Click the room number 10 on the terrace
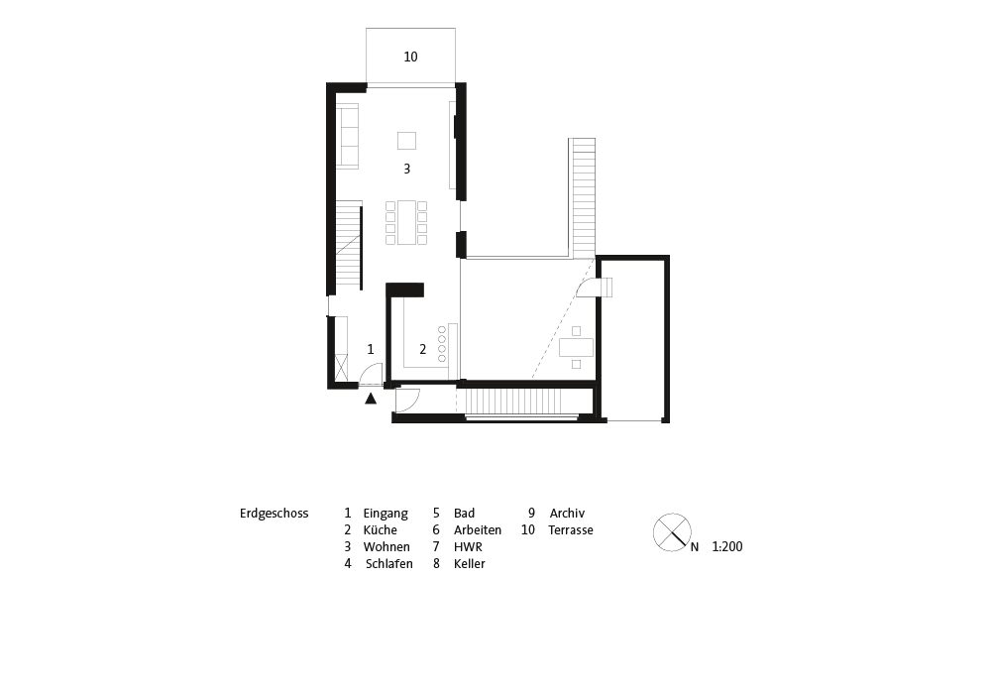click(410, 57)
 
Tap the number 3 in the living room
click(406, 169)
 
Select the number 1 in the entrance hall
click(371, 349)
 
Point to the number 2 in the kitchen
click(422, 349)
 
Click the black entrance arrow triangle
click(371, 399)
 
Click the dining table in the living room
click(406, 222)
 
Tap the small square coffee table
click(406, 140)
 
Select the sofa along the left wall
click(347, 136)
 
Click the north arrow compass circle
click(672, 532)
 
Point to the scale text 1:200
click(727, 547)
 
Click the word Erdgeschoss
click(274, 514)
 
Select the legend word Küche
click(381, 530)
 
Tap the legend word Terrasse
click(571, 530)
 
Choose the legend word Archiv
click(567, 514)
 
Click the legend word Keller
click(470, 564)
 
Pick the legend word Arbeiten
click(478, 530)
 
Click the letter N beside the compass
click(695, 547)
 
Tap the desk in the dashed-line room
click(577, 347)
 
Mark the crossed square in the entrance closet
click(341, 368)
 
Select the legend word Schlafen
click(389, 564)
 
